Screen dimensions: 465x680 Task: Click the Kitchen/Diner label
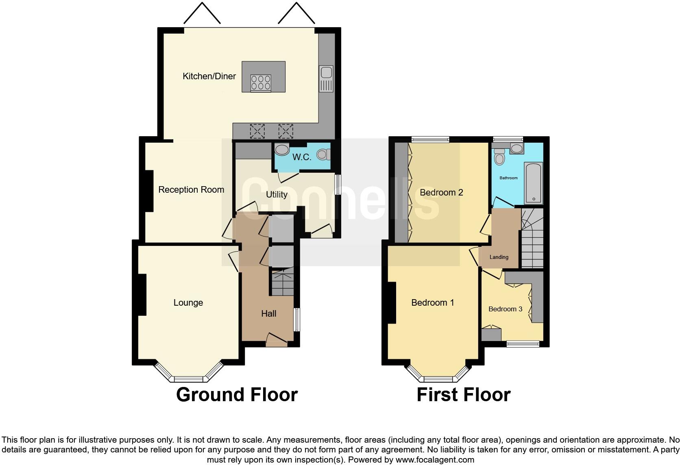point(209,76)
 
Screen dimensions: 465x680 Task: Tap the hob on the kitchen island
point(261,83)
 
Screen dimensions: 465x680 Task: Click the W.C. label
point(302,157)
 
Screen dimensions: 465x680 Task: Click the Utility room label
point(277,195)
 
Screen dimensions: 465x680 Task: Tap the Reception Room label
point(191,190)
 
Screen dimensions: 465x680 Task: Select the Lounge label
point(188,303)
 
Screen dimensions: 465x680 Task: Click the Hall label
point(269,314)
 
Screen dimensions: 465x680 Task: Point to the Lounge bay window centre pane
point(188,379)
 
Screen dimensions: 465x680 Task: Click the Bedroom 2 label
point(441,193)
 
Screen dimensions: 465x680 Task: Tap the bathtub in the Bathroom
point(533,183)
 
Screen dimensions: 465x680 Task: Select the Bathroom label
point(508,178)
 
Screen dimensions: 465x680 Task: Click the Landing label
point(499,257)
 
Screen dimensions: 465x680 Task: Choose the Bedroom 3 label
point(505,309)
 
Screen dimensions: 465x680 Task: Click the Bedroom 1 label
point(432,303)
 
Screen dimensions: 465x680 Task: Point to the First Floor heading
point(463,395)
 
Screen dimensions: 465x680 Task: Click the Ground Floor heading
point(237,395)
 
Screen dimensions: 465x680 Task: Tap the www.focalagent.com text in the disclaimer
point(435,460)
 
